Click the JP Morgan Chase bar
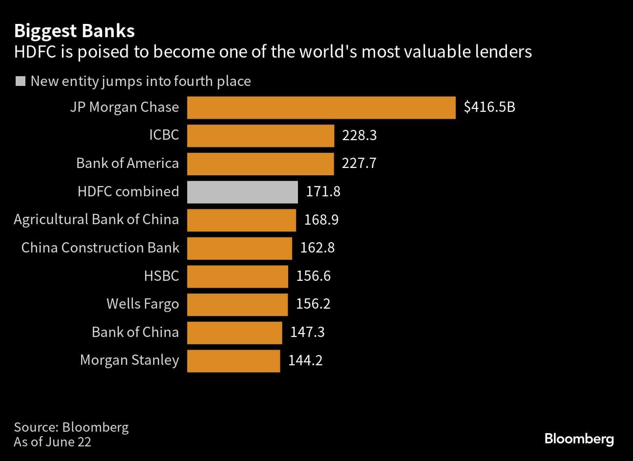pos(321,107)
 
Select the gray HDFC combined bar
pos(242,192)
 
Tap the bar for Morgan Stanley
pos(233,361)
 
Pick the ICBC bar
pos(260,136)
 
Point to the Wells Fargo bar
pos(237,304)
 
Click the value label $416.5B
pos(489,107)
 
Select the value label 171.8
pos(323,191)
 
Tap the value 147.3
pos(307,333)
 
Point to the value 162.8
pos(317,248)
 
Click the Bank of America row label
pos(127,163)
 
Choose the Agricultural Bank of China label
pos(96,219)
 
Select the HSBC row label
pos(161,276)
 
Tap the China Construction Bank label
pos(100,248)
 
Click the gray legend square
pos(21,81)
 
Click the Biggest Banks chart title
pos(74,31)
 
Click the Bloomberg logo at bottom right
pos(579,439)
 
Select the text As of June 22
pos(53,442)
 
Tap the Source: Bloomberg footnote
pos(71,427)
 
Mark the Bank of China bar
pos(234,333)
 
